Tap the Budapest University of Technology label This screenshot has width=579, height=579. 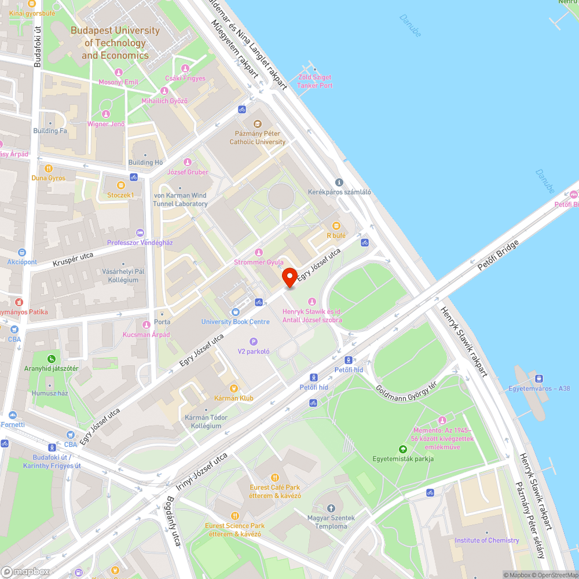(x=115, y=43)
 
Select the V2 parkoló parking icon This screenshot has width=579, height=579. (x=253, y=341)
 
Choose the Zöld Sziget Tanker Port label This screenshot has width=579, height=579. (x=315, y=81)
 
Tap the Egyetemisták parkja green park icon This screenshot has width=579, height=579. (x=403, y=449)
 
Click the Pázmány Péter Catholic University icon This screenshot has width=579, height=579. (x=258, y=123)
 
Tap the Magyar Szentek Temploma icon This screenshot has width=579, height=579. (x=331, y=508)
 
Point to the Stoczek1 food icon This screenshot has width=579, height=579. (x=120, y=185)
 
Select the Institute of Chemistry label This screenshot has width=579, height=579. (x=487, y=540)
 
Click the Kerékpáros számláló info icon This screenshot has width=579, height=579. (x=339, y=182)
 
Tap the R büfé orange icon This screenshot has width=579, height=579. (x=336, y=226)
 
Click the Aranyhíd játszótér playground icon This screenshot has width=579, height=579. (x=52, y=358)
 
